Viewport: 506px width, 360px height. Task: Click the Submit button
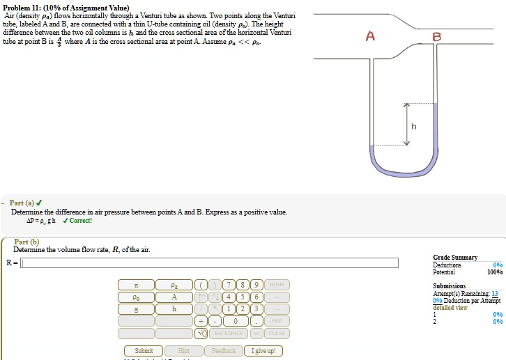[144, 350]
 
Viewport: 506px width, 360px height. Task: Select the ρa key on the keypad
[174, 285]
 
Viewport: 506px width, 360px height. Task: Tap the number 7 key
[228, 285]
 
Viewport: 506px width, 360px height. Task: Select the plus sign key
[202, 321]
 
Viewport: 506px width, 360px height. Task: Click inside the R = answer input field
[209, 263]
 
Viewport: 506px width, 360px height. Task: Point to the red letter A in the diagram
[371, 38]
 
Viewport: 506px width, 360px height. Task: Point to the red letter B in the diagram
[436, 38]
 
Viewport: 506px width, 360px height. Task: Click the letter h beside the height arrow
[414, 126]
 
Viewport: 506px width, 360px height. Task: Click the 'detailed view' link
[450, 307]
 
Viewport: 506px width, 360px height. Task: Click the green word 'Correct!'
[81, 221]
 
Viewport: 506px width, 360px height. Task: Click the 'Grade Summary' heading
[455, 258]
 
